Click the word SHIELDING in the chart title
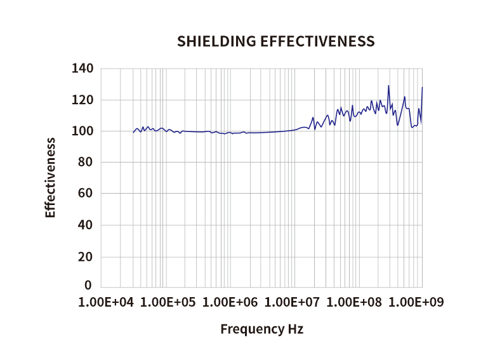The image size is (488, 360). point(216,42)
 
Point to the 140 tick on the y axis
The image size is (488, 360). point(84,69)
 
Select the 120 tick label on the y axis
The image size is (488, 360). point(84,100)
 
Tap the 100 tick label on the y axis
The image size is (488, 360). point(84,131)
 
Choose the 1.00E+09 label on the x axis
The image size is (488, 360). point(418,302)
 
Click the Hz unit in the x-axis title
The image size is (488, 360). point(295,330)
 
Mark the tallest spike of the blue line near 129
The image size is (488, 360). point(388,86)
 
